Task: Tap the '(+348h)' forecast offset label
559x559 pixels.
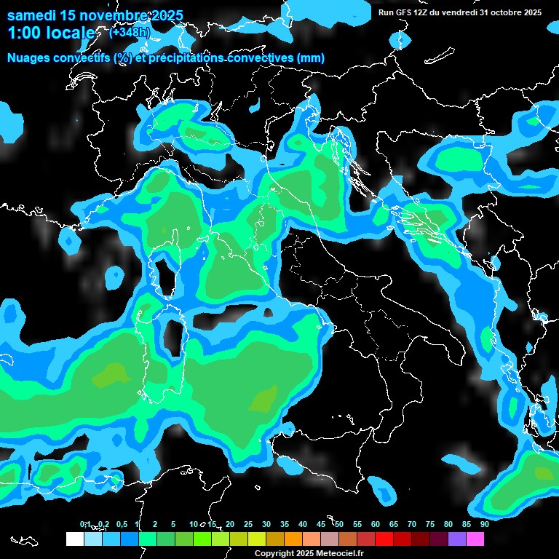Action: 130,32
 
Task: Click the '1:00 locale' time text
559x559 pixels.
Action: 50,33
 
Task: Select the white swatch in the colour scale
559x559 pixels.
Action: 74,539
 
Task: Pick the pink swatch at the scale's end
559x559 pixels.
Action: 475,539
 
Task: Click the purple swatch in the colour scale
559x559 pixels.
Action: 457,539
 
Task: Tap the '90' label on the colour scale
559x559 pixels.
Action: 485,524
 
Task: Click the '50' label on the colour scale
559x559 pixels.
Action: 339,524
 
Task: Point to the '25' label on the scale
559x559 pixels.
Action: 248,524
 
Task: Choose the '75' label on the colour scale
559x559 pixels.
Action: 430,524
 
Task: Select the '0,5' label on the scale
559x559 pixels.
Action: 122,524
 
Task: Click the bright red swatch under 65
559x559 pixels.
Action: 384,539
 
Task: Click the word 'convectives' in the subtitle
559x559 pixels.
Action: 263,58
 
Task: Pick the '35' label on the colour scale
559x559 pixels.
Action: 285,524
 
